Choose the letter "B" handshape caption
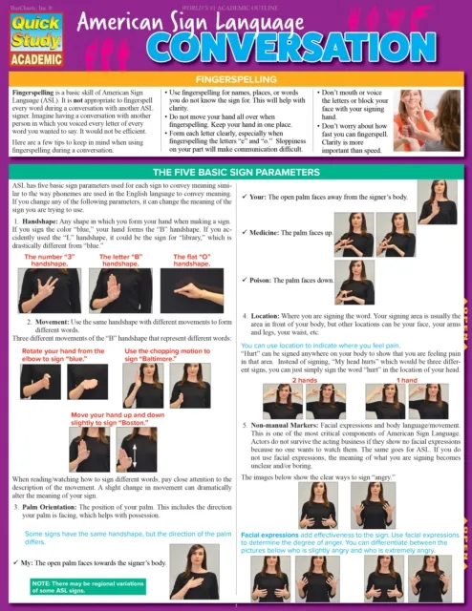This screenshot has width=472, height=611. pos(124,261)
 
